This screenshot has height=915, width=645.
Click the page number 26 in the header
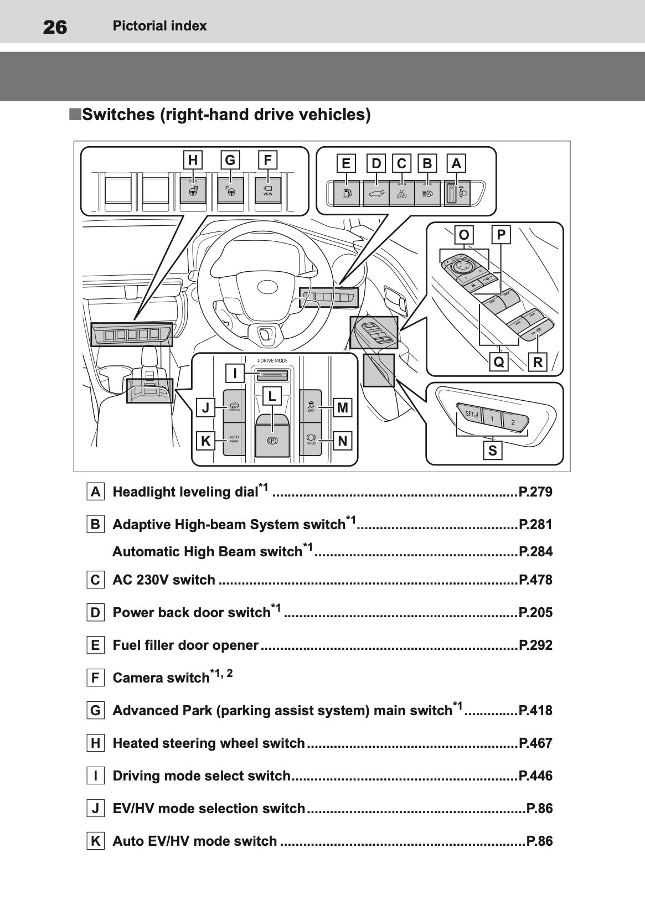coord(55,27)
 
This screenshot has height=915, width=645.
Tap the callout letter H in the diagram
coord(193,161)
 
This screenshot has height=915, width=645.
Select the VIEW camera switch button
coord(268,192)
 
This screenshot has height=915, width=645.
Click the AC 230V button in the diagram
coord(401,194)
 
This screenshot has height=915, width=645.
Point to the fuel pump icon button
coord(347,194)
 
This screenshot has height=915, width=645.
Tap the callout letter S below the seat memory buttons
coord(492,451)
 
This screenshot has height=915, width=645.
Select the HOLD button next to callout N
coord(311,440)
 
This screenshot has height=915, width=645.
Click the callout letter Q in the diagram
coord(499,363)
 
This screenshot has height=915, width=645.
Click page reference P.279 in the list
coord(535,492)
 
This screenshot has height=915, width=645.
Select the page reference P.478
coord(535,580)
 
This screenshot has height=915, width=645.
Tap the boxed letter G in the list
coord(96,710)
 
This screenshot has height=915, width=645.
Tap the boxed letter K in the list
coord(96,841)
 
